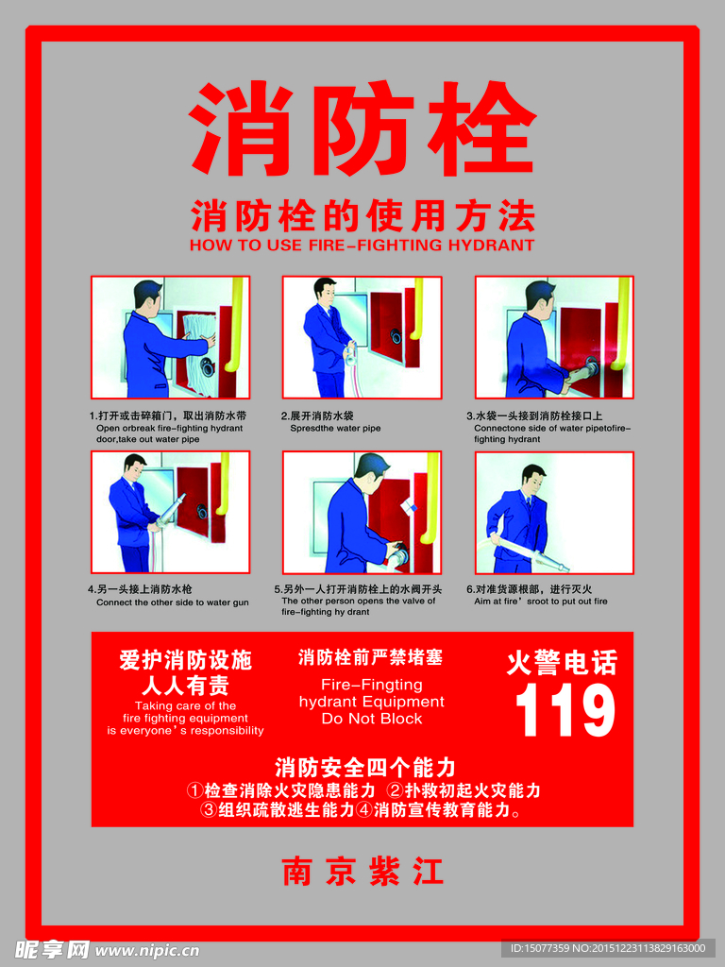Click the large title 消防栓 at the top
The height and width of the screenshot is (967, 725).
[362, 129]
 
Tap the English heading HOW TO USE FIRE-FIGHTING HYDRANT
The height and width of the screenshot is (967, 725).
[362, 246]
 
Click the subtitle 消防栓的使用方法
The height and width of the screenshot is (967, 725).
[362, 216]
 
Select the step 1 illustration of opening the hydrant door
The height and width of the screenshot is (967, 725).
[170, 337]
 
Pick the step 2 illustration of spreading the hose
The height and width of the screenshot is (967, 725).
[362, 337]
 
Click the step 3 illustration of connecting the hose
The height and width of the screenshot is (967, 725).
[553, 337]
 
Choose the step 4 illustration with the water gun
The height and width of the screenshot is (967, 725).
[170, 512]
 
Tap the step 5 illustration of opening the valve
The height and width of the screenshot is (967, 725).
[362, 512]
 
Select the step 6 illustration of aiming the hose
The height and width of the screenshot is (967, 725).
[553, 512]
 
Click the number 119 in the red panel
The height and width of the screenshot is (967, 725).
[565, 711]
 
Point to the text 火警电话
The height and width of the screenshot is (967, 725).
[562, 663]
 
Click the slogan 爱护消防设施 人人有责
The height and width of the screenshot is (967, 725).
[185, 672]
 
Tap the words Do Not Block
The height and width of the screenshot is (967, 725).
[371, 719]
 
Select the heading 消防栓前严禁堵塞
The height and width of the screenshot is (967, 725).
[370, 656]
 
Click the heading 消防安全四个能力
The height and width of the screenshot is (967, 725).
[365, 766]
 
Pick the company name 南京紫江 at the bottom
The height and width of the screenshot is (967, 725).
[362, 871]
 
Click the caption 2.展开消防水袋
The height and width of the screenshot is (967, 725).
[317, 416]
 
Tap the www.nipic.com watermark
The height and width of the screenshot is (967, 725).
[147, 950]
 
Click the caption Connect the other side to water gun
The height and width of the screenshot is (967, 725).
[173, 602]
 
